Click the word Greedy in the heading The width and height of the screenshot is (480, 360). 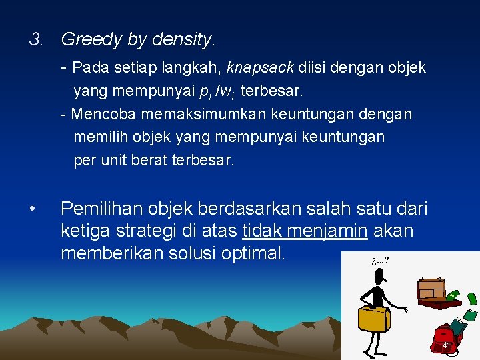coord(91,40)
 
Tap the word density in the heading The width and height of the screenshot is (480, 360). coord(180,40)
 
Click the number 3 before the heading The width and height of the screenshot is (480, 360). coord(35,40)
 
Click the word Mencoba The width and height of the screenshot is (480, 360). coord(103,114)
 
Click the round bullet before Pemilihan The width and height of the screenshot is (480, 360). coord(33,209)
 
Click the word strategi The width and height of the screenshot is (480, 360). coord(152,231)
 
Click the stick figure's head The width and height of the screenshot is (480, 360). coord(378,275)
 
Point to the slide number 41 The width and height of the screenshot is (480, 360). coord(447,345)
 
